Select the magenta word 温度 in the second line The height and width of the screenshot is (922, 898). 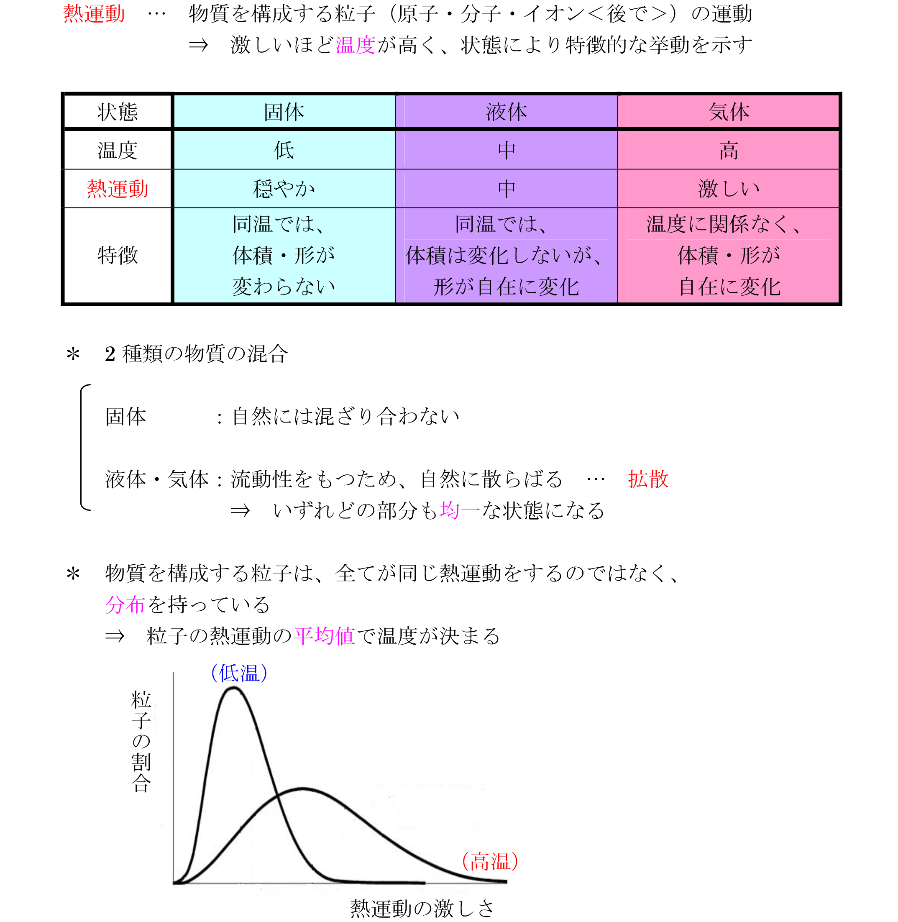[x=355, y=45]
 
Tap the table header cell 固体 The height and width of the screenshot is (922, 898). [x=284, y=112]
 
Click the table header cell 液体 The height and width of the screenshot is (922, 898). [x=507, y=112]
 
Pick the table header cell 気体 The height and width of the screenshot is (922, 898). [x=729, y=112]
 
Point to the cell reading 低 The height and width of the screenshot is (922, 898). [x=284, y=151]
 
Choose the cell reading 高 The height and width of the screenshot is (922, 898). [x=729, y=151]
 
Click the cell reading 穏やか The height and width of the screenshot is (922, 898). [x=284, y=189]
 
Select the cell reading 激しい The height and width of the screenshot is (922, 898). [x=729, y=189]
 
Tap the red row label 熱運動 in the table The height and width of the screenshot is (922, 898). [x=118, y=189]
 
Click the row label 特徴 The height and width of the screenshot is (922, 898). [x=118, y=256]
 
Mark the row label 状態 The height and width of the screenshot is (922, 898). [x=118, y=112]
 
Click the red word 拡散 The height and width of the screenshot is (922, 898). [x=648, y=479]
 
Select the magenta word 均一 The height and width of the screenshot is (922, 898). [x=459, y=510]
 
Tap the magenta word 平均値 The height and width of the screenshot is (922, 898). [x=325, y=636]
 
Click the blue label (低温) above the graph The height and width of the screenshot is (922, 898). [x=239, y=673]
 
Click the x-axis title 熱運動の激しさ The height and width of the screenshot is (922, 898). [x=422, y=908]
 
